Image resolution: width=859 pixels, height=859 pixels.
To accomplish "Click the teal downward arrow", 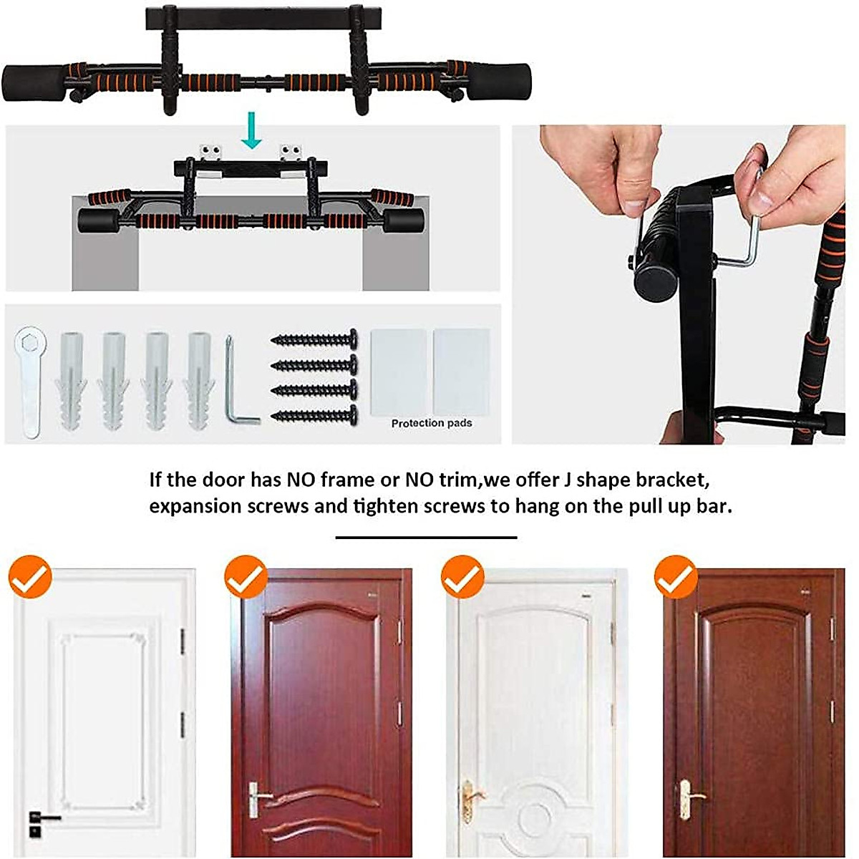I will click(x=251, y=130).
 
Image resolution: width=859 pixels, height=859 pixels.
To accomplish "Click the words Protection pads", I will click(x=431, y=423).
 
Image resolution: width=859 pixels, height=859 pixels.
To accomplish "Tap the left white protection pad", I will click(x=398, y=371).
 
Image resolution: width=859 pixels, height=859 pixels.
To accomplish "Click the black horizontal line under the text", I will click(x=426, y=537).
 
